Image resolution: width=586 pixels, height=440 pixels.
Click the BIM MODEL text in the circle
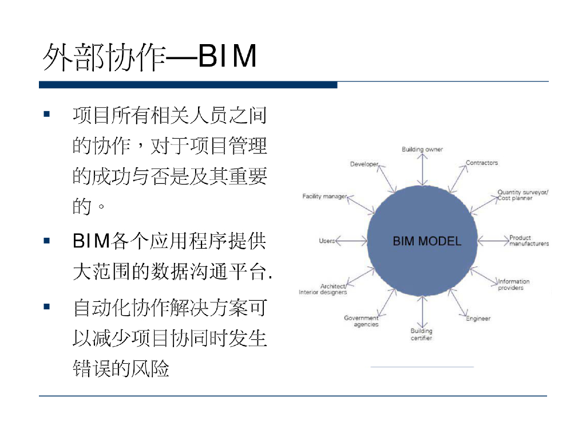tap(426, 241)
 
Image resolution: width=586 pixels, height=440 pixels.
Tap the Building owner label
tap(422, 150)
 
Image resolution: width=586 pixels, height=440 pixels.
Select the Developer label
tap(365, 164)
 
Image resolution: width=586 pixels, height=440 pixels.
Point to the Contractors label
tap(482, 163)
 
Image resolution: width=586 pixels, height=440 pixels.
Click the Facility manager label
tap(324, 197)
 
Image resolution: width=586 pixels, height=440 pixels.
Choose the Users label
tap(327, 241)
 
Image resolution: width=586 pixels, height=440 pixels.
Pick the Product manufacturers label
tap(529, 241)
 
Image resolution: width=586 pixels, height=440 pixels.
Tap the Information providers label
tap(513, 285)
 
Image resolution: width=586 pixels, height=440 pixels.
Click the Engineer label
tap(478, 319)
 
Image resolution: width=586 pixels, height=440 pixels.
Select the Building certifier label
tap(422, 335)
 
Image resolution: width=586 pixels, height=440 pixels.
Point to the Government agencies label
tap(362, 321)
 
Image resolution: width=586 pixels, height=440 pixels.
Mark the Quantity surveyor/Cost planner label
tap(522, 195)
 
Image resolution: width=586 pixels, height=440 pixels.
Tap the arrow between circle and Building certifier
tap(422, 312)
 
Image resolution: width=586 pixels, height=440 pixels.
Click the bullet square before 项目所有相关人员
tap(47, 114)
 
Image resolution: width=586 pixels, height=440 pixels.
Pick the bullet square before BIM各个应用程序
tap(47, 240)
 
